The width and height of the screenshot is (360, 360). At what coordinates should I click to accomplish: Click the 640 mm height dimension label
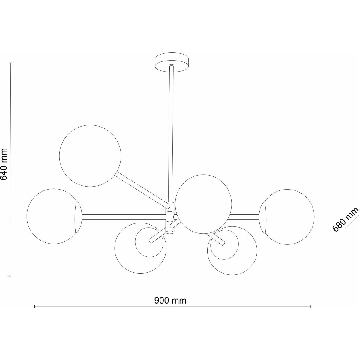point(4,164)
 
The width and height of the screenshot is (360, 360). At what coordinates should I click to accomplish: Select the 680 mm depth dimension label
point(346,219)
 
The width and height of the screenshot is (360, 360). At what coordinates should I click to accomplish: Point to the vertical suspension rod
point(171,134)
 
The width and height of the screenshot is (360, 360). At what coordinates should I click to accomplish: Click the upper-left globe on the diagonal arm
point(90,156)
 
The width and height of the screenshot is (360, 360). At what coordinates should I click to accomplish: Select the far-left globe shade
point(54,216)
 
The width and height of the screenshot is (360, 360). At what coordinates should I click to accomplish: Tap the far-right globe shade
point(287,217)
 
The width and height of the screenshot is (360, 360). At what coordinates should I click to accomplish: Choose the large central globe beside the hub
point(203,204)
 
